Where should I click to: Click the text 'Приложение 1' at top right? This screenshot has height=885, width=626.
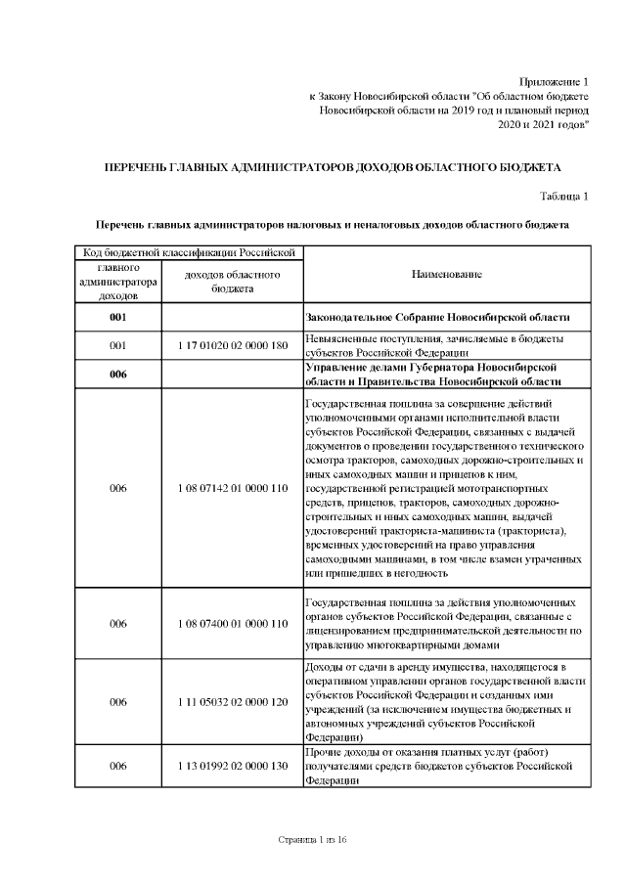tap(555, 80)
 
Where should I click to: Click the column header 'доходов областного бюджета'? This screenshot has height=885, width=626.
tap(232, 282)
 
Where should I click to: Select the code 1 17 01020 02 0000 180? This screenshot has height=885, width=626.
tap(232, 345)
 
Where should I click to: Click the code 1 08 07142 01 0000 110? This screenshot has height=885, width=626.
tap(232, 488)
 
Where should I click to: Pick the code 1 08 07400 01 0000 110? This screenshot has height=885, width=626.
tap(232, 623)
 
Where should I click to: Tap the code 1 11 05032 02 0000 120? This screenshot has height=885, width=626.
tap(232, 701)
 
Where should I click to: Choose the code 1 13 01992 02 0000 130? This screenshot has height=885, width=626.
tap(232, 766)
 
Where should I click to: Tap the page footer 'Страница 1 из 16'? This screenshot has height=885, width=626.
tap(313, 840)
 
